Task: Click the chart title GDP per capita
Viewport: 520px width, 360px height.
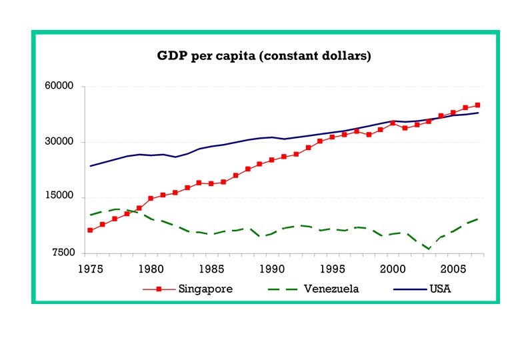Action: coord(264,56)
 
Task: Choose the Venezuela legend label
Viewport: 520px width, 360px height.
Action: coord(331,289)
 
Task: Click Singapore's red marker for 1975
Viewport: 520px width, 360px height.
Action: coord(90,230)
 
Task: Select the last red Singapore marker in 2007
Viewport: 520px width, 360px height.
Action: coord(478,105)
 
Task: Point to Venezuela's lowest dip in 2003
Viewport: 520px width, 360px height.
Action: coord(429,249)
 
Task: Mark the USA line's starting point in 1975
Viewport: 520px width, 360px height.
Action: coord(90,166)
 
